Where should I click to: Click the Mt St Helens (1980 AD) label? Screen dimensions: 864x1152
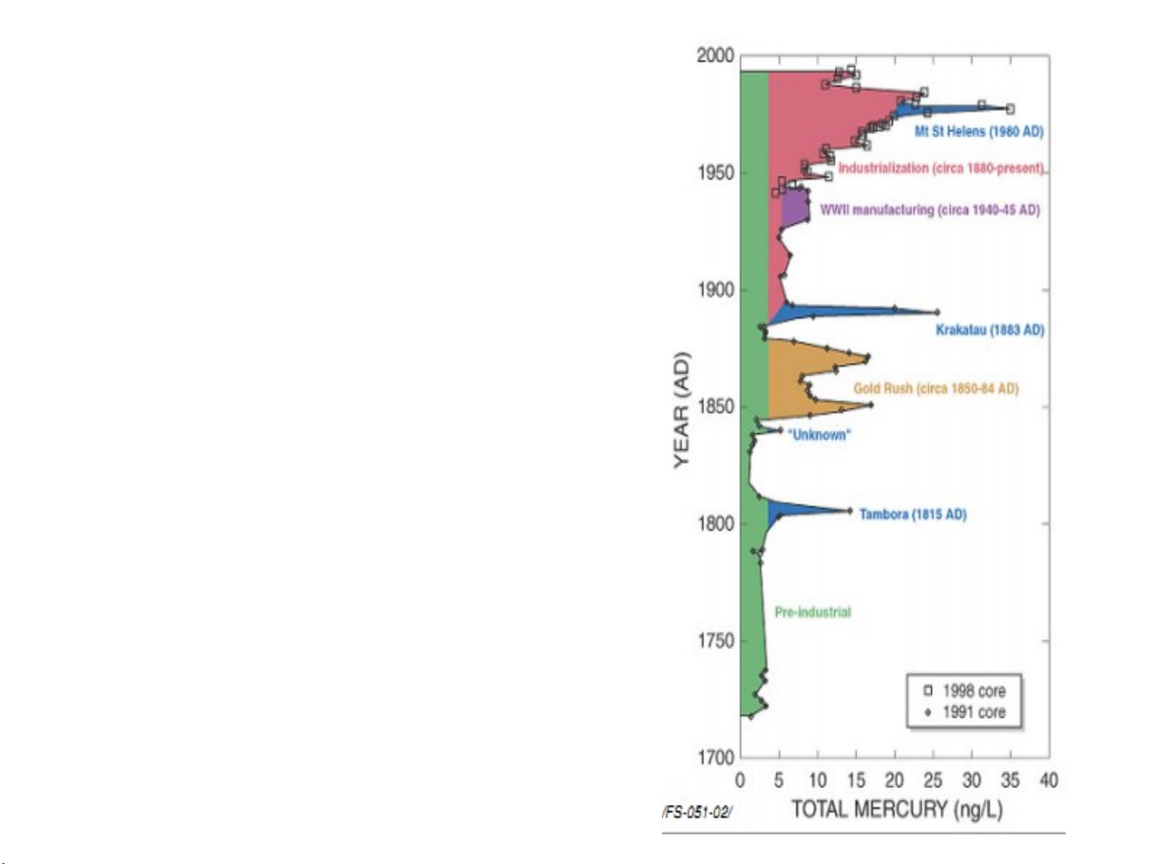979,131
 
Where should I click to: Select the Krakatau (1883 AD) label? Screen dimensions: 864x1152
990,330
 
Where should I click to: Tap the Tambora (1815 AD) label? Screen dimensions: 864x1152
912,514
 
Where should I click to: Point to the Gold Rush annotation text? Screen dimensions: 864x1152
935,388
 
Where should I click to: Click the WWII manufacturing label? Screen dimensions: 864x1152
929,210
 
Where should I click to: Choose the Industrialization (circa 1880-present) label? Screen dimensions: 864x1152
941,168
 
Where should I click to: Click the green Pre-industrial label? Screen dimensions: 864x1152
812,612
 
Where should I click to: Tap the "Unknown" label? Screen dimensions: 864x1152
819,435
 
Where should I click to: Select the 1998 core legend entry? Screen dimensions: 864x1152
964,691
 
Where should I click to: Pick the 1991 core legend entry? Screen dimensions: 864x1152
964,712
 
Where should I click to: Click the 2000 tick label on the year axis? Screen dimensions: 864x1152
715,56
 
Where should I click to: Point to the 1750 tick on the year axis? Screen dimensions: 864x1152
715,641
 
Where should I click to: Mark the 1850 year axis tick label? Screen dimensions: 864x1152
715,407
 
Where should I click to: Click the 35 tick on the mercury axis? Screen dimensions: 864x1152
1010,780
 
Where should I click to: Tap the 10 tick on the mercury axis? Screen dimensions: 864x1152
817,780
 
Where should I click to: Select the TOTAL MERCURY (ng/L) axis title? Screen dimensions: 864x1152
896,809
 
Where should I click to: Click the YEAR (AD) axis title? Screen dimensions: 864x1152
681,409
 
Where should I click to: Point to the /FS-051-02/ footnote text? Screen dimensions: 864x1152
696,812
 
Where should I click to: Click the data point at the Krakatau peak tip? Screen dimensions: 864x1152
937,313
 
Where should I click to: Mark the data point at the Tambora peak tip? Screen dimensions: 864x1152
850,511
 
